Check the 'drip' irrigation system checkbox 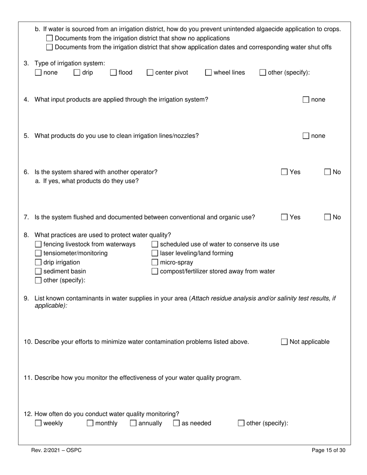tap(77, 72)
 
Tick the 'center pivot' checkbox tap(150, 72)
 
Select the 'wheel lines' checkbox tap(208, 72)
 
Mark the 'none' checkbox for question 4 tap(306, 100)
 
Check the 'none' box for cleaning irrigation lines tap(306, 136)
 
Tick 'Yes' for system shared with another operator tap(284, 172)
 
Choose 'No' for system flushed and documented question tap(328, 217)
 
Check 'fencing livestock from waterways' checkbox tap(38, 244)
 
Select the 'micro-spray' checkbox tap(155, 262)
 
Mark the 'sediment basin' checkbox tap(38, 271)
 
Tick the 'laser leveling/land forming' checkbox tap(155, 253)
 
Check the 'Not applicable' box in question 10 tap(284, 342)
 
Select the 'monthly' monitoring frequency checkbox tap(90, 423)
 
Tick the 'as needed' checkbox tap(176, 423)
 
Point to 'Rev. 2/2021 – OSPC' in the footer tap(56, 450)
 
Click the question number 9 tap(26, 298)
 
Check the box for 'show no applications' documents tap(49, 38)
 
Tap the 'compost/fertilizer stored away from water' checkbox tap(155, 271)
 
